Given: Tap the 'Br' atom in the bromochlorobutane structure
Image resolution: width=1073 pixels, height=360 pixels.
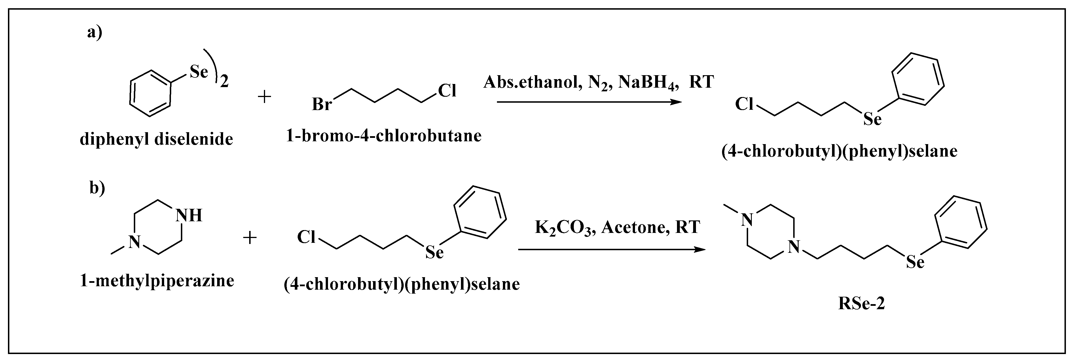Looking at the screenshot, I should pos(321,104).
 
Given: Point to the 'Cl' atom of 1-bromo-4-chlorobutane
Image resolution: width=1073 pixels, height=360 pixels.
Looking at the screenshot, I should pos(447,90).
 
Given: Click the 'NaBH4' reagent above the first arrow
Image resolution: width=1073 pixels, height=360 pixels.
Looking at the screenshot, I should pos(649,82).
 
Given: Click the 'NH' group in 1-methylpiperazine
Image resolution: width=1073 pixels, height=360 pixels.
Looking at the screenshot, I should pos(189,215).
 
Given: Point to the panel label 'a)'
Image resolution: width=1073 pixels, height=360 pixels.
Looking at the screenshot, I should pos(95,32).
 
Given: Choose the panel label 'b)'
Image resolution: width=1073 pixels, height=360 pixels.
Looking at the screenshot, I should pos(97,188).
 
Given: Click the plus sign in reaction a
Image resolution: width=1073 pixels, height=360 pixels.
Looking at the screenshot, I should pos(264,97).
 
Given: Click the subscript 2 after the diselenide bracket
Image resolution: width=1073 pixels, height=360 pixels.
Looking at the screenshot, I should pos(225,82).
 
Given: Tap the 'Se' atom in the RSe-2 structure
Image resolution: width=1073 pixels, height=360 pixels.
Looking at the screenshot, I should pos(915,262).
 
